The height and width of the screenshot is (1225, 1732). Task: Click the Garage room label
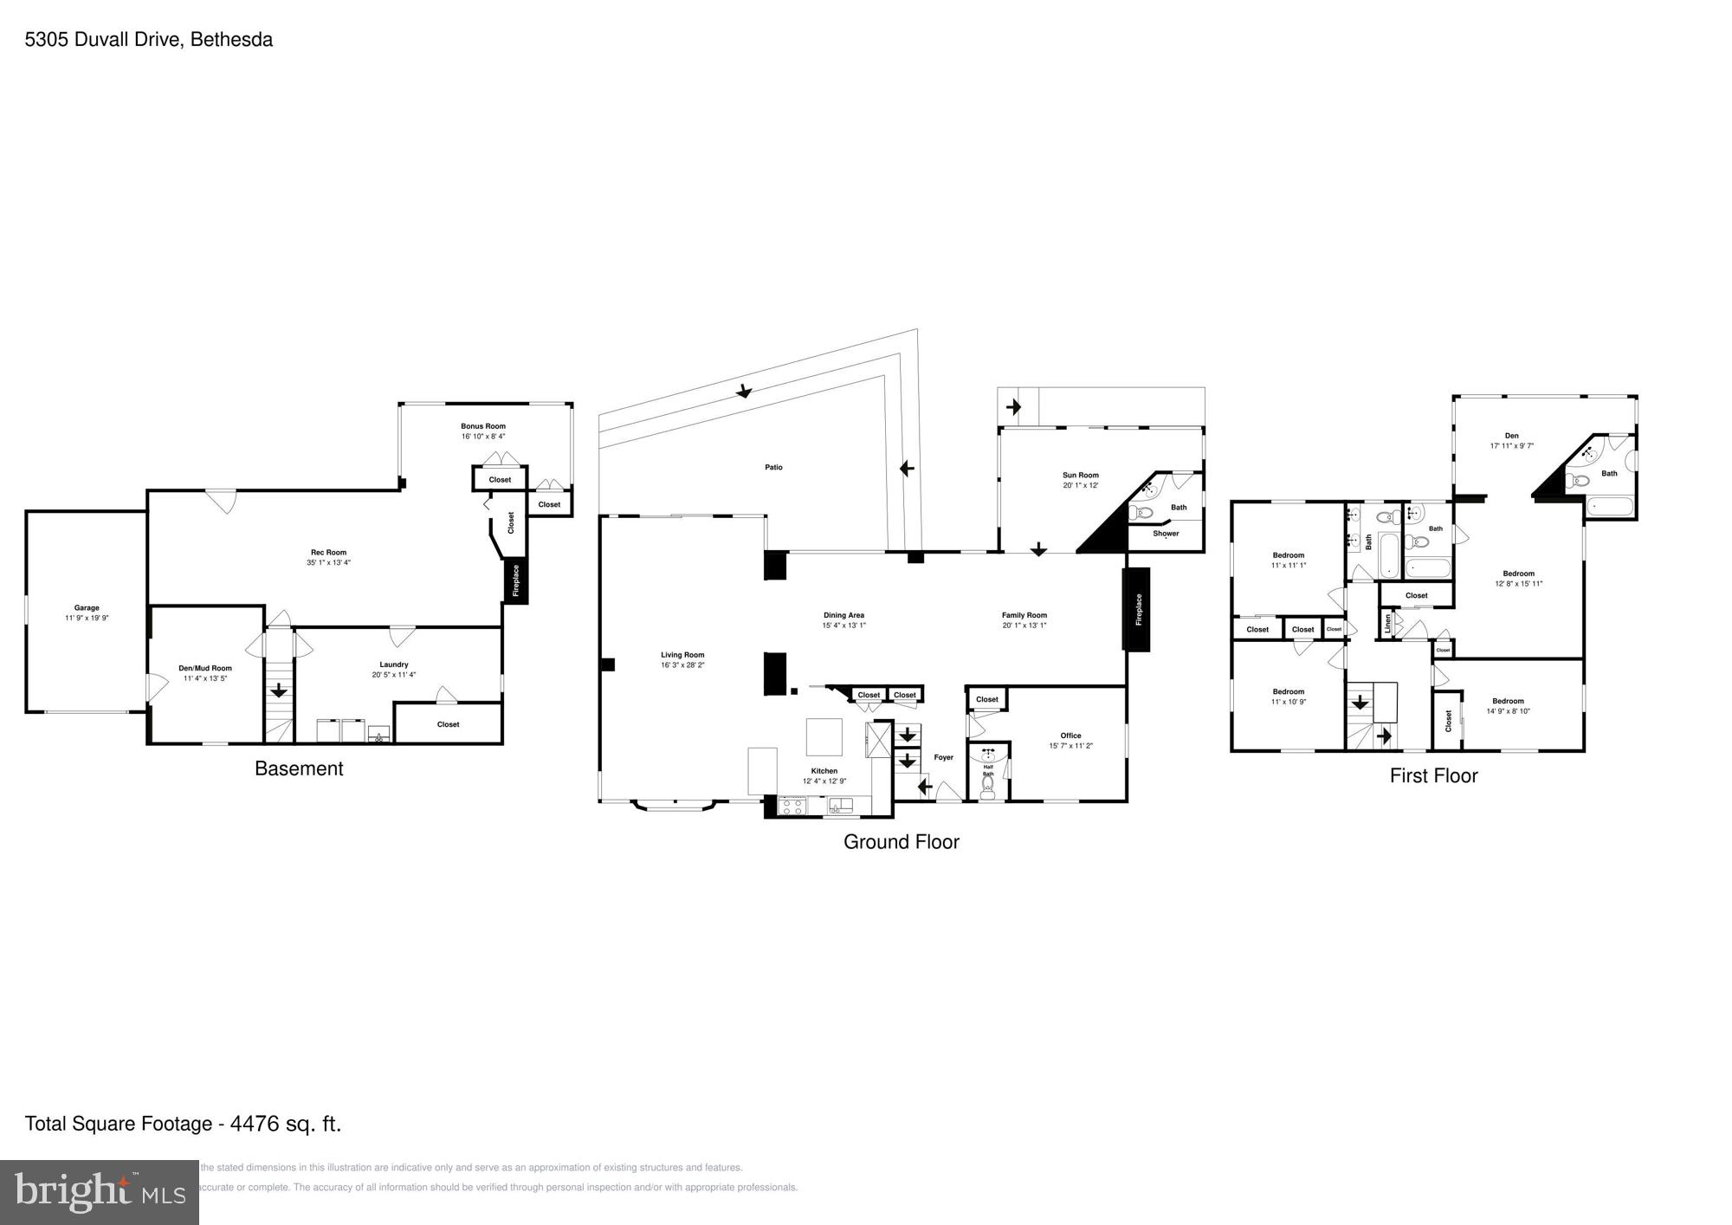click(87, 608)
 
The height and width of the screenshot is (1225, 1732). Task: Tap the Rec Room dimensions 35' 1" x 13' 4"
click(328, 563)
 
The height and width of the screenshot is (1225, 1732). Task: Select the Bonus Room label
click(482, 426)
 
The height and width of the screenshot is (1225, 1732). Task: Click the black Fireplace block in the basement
click(516, 580)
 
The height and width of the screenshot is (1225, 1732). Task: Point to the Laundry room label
click(393, 664)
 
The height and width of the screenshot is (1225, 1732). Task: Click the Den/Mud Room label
click(205, 668)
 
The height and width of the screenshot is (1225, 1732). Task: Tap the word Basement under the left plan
click(299, 768)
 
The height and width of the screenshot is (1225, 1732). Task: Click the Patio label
click(773, 468)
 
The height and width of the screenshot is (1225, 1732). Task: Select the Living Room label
click(682, 655)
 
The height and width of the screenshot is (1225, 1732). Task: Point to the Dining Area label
click(843, 615)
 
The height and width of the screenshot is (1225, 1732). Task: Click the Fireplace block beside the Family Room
click(1137, 609)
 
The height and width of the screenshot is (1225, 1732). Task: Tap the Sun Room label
click(1080, 475)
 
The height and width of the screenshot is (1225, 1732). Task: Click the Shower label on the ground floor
click(1166, 534)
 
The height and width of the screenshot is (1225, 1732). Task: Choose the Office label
click(1070, 736)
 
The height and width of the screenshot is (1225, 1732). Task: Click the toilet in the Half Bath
click(987, 786)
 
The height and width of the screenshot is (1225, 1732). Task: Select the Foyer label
click(943, 757)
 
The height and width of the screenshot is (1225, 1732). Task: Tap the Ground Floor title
click(901, 842)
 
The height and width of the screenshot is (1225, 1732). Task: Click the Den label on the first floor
click(1511, 436)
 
